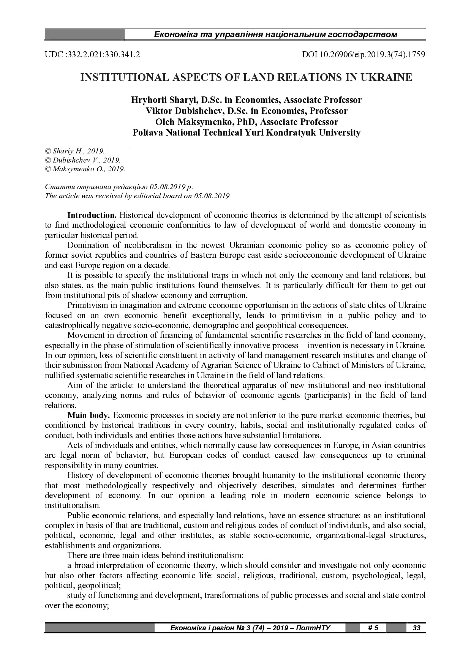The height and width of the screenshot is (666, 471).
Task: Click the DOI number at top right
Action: pyautogui.click(x=364, y=55)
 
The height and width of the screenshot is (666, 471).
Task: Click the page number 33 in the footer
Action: pyautogui.click(x=416, y=628)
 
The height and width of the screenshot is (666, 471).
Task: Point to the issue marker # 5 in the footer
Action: pyautogui.click(x=373, y=628)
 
